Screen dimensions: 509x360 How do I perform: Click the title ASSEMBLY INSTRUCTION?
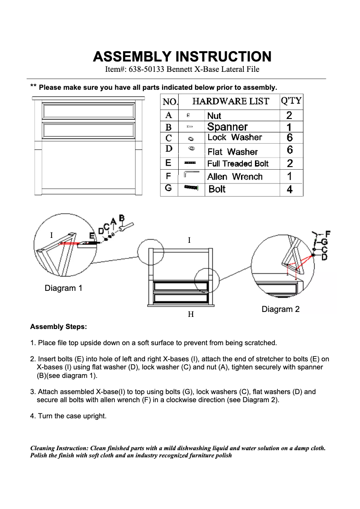click(x=182, y=57)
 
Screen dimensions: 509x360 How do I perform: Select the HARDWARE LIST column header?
click(x=231, y=101)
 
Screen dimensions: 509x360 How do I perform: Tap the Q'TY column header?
click(x=291, y=101)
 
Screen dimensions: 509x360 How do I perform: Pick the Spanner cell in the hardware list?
click(x=227, y=127)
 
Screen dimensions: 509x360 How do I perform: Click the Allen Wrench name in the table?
click(x=235, y=176)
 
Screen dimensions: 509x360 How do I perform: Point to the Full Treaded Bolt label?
click(x=238, y=164)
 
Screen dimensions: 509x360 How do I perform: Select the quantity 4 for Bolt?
click(x=290, y=189)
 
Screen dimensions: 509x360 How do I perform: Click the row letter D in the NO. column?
click(x=169, y=149)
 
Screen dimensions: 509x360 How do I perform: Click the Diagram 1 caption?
click(x=63, y=288)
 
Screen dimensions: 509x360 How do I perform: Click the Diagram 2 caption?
click(x=281, y=309)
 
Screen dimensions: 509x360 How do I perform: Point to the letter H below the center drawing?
click(x=191, y=315)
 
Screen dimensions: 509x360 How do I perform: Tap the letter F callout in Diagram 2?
click(x=327, y=233)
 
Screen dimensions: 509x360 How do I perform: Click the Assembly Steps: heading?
click(x=58, y=327)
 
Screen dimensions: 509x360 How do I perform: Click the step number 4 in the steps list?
click(x=32, y=416)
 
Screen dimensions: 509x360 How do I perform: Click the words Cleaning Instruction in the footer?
click(x=59, y=448)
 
